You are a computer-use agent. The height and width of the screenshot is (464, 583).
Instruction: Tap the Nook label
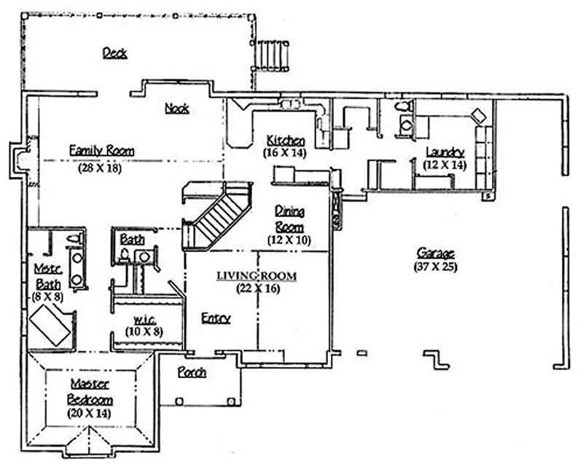click(x=176, y=109)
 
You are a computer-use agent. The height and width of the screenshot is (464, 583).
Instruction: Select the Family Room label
click(x=101, y=151)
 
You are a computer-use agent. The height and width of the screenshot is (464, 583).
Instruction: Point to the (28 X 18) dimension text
click(x=100, y=166)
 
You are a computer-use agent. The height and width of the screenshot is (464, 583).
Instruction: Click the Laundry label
click(x=445, y=152)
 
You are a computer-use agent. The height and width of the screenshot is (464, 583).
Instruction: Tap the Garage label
click(x=435, y=253)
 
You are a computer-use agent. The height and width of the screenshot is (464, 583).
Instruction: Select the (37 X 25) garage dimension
click(x=435, y=266)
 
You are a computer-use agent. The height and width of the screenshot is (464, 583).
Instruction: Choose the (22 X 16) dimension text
click(x=257, y=288)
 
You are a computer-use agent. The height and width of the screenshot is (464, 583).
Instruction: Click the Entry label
click(x=216, y=318)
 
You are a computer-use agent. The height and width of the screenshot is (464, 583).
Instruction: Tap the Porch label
click(x=192, y=372)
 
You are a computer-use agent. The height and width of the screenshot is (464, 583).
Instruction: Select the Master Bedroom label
click(x=90, y=391)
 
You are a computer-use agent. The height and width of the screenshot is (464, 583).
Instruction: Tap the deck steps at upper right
click(x=273, y=54)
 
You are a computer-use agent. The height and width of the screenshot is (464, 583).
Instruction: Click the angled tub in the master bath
click(x=50, y=324)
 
